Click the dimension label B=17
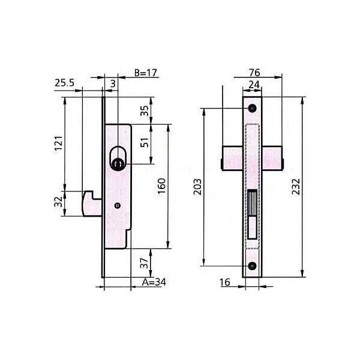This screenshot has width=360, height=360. [x=146, y=73]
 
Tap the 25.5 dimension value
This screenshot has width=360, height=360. [x=65, y=83]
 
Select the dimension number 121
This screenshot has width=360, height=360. [x=59, y=143]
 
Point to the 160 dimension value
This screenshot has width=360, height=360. [x=161, y=186]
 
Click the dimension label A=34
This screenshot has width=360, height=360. [x=154, y=282]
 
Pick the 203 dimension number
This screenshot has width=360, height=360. [x=197, y=187]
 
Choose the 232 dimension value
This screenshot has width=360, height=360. [x=296, y=187]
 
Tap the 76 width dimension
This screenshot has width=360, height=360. [x=254, y=73]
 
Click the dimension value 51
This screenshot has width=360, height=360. [x=145, y=142]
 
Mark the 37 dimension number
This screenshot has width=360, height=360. [x=144, y=263]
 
